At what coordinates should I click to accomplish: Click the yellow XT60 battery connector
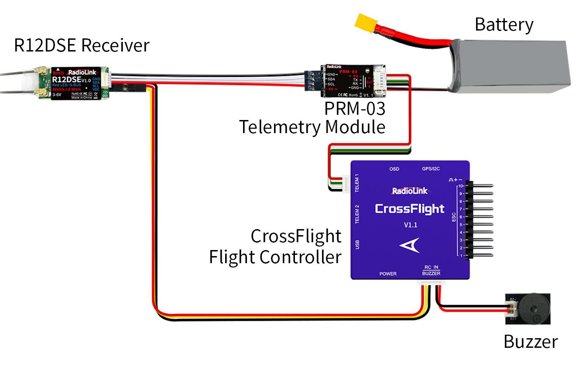[x=366, y=24]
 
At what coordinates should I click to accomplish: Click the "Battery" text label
[x=504, y=24]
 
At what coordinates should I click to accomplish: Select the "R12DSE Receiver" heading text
[x=82, y=45]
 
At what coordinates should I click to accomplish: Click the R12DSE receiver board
[x=76, y=83]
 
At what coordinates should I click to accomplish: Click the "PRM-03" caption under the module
[x=354, y=108]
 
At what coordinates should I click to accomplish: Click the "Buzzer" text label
[x=530, y=341]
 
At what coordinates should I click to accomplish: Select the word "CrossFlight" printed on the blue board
[x=409, y=209]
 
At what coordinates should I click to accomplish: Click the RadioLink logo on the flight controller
[x=410, y=191]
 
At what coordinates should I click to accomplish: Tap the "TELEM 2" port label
[x=357, y=214]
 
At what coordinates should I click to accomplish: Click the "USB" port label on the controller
[x=357, y=244]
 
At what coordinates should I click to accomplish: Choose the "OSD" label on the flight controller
[x=394, y=169]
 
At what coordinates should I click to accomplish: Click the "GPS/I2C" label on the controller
[x=431, y=169]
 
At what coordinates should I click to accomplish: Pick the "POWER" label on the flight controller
[x=387, y=274]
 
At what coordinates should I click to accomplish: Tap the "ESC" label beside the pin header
[x=453, y=217]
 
